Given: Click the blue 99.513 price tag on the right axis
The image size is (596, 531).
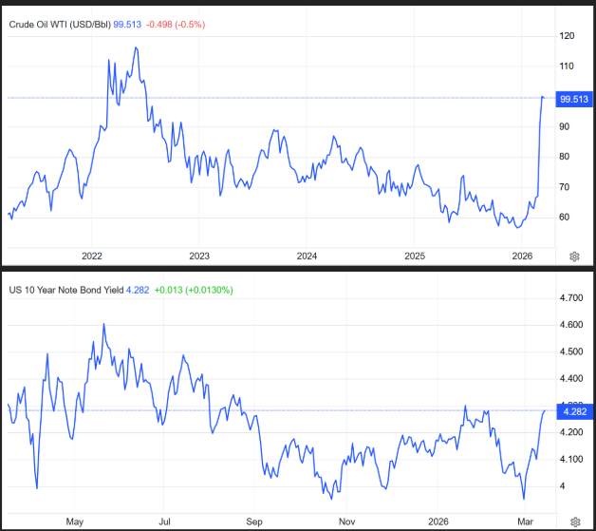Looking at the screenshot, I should (575, 98).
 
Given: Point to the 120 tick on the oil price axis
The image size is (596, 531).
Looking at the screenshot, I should (568, 36).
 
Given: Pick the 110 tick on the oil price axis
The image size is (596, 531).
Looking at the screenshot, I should (568, 66).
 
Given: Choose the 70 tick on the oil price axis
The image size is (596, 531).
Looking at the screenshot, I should (567, 186).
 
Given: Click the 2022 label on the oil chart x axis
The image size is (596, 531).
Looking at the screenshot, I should (92, 256).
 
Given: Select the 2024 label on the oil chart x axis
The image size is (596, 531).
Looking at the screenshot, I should (307, 256).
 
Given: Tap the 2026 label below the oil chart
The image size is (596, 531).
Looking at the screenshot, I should (522, 256).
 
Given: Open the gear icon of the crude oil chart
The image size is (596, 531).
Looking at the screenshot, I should (574, 256).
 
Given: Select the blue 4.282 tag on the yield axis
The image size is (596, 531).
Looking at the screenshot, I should (575, 410).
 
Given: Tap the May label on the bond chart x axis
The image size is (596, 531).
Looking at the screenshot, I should (77, 521).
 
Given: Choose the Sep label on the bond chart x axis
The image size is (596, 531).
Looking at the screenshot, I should (254, 521).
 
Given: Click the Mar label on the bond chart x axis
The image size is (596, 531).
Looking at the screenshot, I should (524, 521).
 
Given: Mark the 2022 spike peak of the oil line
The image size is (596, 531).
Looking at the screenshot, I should (137, 47).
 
